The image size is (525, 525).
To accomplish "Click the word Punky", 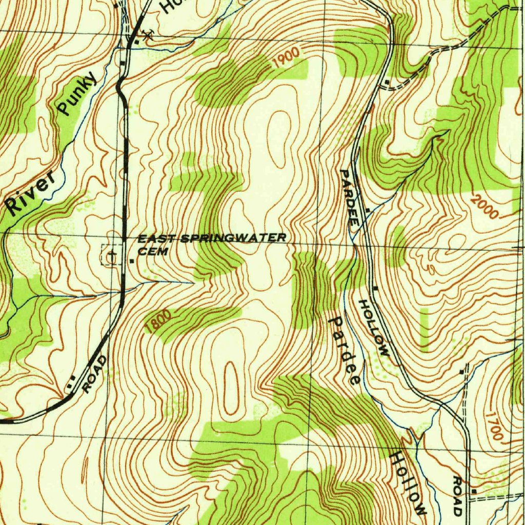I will (x=77, y=93).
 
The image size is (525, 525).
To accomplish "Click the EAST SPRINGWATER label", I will (x=212, y=238).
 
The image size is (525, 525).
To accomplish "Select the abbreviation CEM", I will (x=153, y=251).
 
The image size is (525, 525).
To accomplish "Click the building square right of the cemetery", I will (x=133, y=261).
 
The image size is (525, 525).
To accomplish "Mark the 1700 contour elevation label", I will (x=493, y=425).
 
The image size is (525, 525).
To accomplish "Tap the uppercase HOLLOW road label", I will (x=374, y=328).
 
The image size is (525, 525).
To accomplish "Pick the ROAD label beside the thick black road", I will (x=95, y=374).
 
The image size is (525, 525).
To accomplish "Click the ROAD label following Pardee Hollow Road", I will (x=457, y=496).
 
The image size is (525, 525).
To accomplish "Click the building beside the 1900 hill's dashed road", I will (x=385, y=81).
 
